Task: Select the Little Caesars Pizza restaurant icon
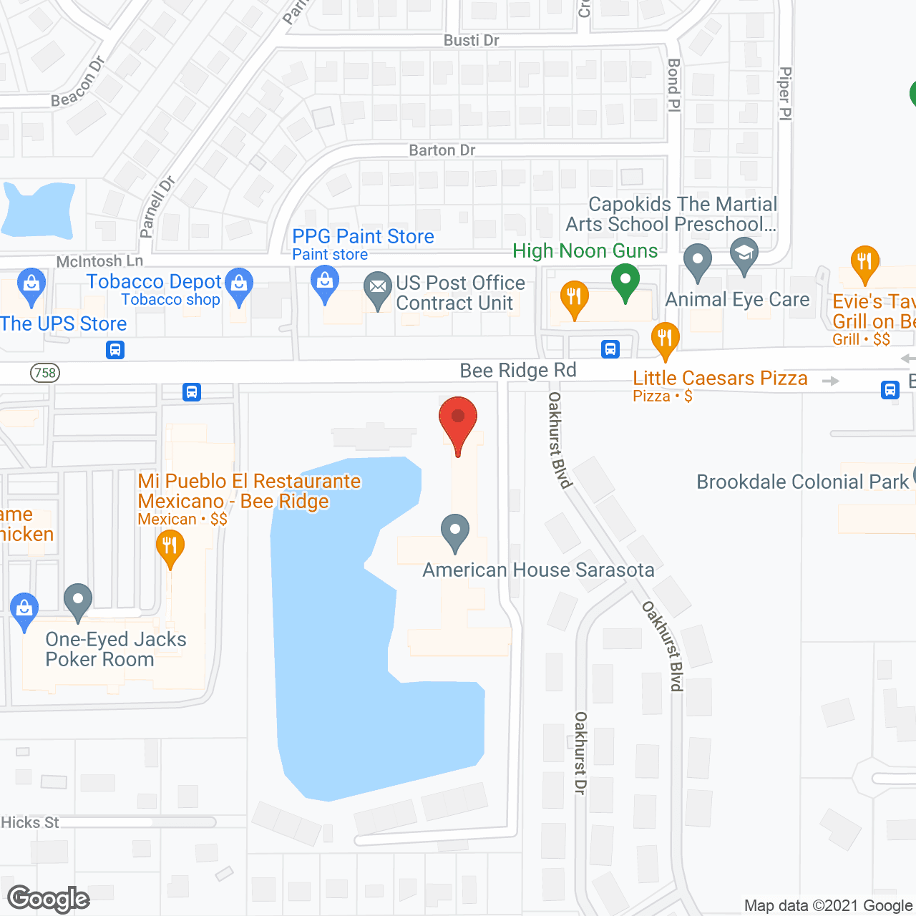(666, 339)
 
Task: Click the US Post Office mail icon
(378, 289)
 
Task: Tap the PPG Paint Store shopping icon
(325, 282)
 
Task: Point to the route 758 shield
(45, 373)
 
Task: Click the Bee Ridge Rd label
(517, 371)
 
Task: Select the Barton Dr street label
(442, 150)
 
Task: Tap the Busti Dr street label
(471, 41)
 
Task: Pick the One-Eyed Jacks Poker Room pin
(78, 600)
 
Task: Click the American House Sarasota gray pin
(454, 531)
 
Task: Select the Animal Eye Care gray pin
(698, 261)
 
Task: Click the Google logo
(49, 899)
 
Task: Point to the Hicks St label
(30, 823)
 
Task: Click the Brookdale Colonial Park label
(802, 482)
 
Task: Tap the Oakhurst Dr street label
(580, 752)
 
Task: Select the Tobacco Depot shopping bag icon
(239, 284)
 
